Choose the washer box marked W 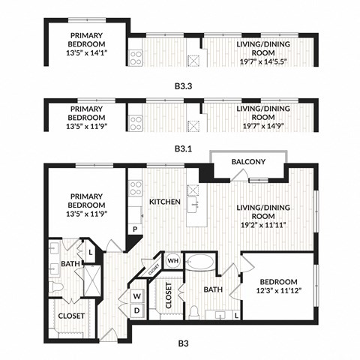pos(137,295)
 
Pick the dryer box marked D pos(137,310)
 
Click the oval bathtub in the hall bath pos(199,263)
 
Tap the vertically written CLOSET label pos(169,297)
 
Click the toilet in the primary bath pos(56,288)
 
